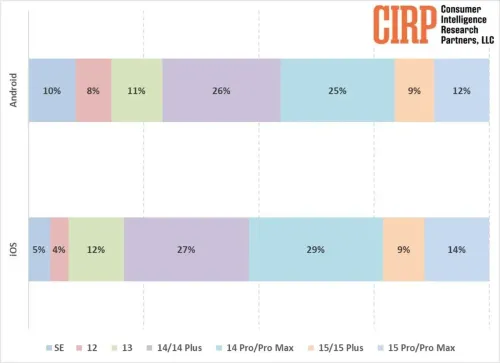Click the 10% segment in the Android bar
(x=52, y=91)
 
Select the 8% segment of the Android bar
(x=94, y=91)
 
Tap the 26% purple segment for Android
(x=221, y=91)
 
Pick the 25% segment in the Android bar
(x=337, y=91)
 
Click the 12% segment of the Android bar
(x=462, y=91)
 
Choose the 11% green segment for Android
(x=137, y=91)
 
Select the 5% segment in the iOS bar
(x=39, y=249)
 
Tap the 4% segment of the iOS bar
(x=59, y=249)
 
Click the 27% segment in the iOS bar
(x=186, y=249)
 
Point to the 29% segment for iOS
(x=315, y=249)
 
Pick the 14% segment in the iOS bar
(x=457, y=249)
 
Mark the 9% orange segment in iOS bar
(x=403, y=249)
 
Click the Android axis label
(x=12, y=91)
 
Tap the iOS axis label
(x=12, y=249)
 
